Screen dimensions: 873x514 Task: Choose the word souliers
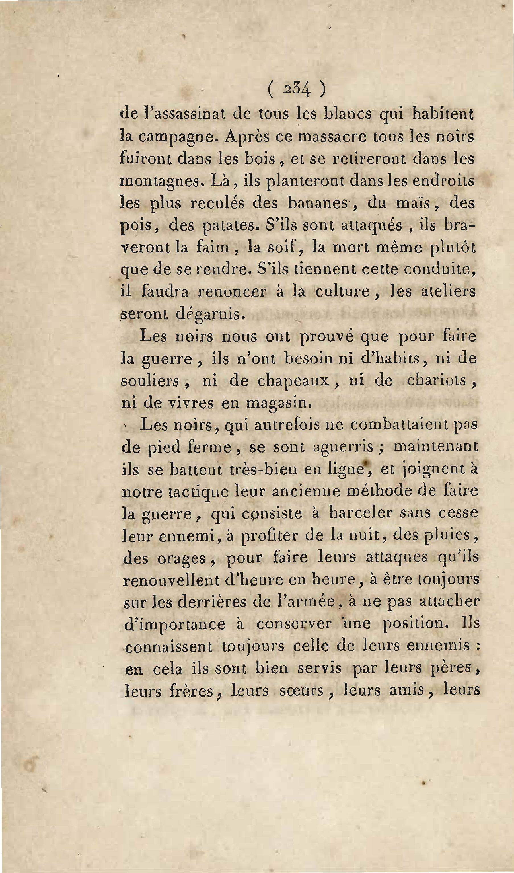[x=150, y=381]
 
